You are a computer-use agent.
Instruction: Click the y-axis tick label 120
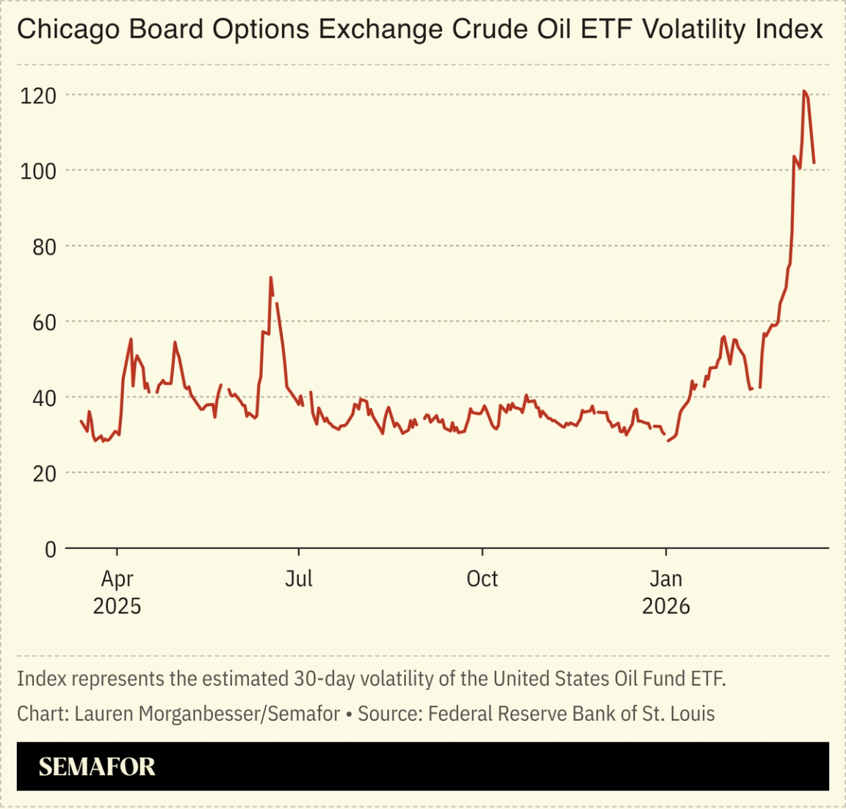click(x=39, y=95)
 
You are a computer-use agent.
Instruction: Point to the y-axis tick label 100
click(x=39, y=171)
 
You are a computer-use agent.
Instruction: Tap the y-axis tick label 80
click(x=44, y=247)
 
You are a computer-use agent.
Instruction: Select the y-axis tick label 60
click(x=44, y=322)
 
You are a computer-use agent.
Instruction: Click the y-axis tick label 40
click(x=44, y=398)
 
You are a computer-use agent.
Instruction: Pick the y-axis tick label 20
click(x=44, y=474)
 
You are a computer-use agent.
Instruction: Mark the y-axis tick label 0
click(x=50, y=549)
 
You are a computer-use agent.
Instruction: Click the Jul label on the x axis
click(x=299, y=578)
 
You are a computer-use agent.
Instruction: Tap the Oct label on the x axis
click(x=482, y=578)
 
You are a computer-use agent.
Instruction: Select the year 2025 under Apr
click(x=117, y=606)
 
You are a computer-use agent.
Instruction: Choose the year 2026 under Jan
click(x=666, y=606)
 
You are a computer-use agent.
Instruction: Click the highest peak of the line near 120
click(x=804, y=92)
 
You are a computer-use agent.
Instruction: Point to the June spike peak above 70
click(x=271, y=277)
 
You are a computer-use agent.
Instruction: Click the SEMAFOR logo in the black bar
click(x=97, y=767)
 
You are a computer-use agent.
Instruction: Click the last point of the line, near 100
click(x=814, y=162)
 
